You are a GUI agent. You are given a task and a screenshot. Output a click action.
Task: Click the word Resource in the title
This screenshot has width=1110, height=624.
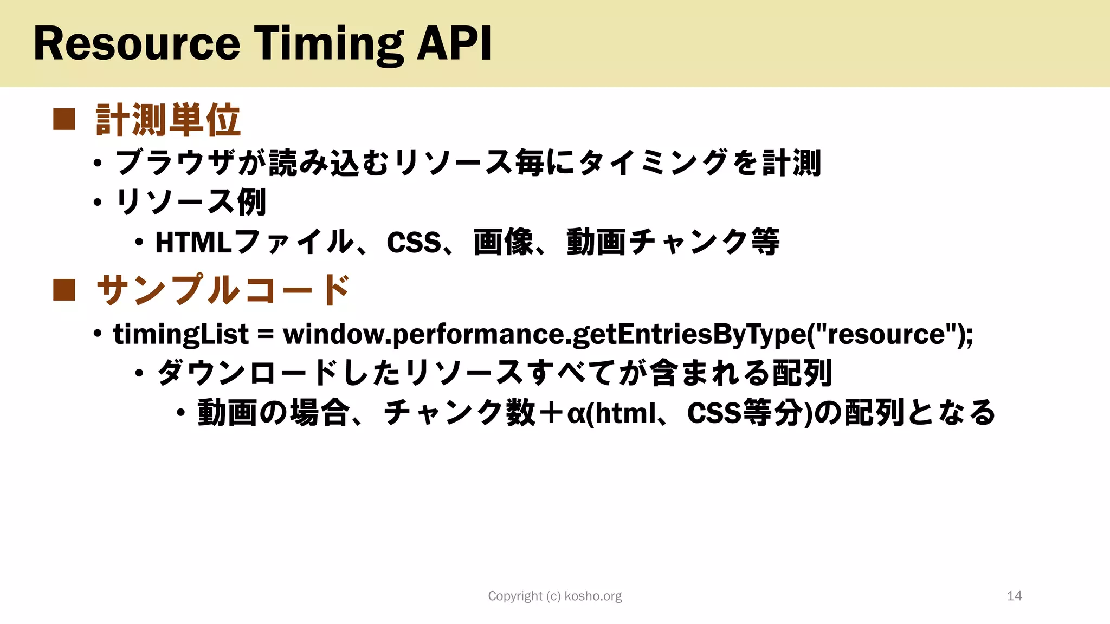pyautogui.click(x=137, y=43)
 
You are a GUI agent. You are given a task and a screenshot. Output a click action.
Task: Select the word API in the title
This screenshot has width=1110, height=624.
pyautogui.click(x=454, y=43)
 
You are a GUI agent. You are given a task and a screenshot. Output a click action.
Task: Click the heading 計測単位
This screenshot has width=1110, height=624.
pyautogui.click(x=167, y=120)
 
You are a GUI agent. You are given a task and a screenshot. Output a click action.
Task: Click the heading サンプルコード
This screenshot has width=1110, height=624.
pyautogui.click(x=223, y=290)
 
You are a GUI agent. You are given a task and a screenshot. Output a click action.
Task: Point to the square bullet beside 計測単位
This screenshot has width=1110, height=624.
pyautogui.click(x=64, y=120)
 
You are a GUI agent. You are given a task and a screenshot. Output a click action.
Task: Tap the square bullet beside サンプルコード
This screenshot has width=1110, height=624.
pyautogui.click(x=64, y=290)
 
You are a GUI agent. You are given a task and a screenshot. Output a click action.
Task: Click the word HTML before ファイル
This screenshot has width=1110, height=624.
pyautogui.click(x=193, y=242)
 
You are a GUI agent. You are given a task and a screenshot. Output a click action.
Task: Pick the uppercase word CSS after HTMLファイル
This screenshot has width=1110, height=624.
pyautogui.click(x=414, y=242)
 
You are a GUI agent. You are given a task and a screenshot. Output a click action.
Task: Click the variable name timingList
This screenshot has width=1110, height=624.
pyautogui.click(x=180, y=334)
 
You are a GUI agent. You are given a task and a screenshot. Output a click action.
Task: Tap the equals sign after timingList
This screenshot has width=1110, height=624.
pyautogui.click(x=266, y=335)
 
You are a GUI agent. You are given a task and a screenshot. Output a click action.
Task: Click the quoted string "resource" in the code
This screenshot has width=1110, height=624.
pyautogui.click(x=885, y=334)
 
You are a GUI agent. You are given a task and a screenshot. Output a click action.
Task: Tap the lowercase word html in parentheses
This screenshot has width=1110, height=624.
pyautogui.click(x=625, y=413)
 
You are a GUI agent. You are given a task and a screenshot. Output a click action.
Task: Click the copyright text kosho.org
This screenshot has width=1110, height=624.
pyautogui.click(x=593, y=596)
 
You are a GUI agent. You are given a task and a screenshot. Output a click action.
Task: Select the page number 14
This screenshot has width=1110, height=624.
pyautogui.click(x=1014, y=596)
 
